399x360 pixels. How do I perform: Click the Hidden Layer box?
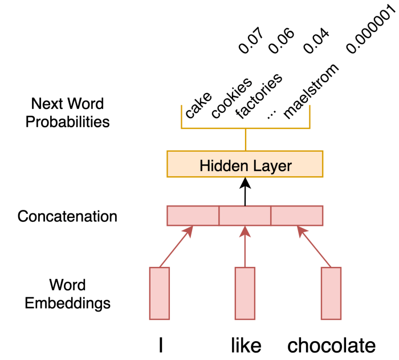pos(245,165)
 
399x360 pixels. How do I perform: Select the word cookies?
pos(231,97)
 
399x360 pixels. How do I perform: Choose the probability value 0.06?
pos(281,40)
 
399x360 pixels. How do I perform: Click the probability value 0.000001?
pos(370,29)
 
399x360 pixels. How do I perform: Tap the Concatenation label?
pos(67,217)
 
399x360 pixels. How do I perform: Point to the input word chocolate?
pos(331,345)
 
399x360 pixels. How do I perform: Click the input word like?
pos(246,345)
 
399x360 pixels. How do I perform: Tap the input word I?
pos(161,345)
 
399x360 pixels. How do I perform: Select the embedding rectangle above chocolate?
pos(331,293)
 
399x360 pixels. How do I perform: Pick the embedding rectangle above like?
pos(245,293)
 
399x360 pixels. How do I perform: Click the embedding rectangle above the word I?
pos(160,293)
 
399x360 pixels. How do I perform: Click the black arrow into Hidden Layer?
pos(245,192)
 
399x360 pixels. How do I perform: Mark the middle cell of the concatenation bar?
pos(245,216)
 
